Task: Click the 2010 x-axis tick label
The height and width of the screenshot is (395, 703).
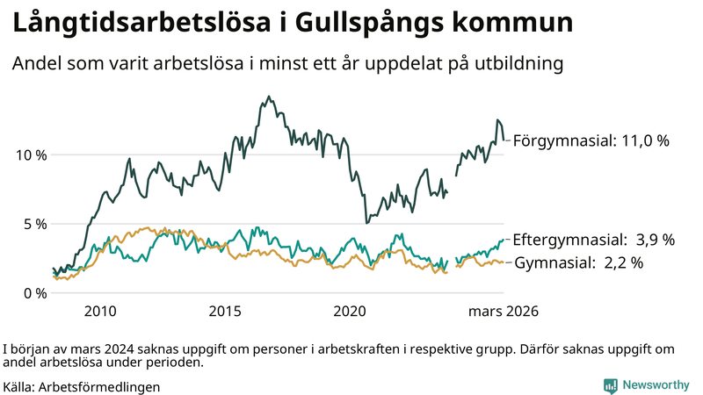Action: coord(100,311)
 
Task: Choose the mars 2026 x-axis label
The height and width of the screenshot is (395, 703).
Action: coord(503,311)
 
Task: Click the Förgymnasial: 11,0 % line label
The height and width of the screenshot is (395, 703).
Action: coord(591,140)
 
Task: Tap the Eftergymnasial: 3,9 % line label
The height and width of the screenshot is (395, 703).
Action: coord(593,239)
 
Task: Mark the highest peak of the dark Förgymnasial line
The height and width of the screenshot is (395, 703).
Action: coord(268,97)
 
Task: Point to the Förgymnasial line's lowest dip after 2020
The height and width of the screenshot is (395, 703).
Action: coord(365,221)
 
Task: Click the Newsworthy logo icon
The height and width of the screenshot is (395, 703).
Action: coord(610,385)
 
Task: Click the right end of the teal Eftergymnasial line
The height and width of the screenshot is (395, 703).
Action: coord(504,239)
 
